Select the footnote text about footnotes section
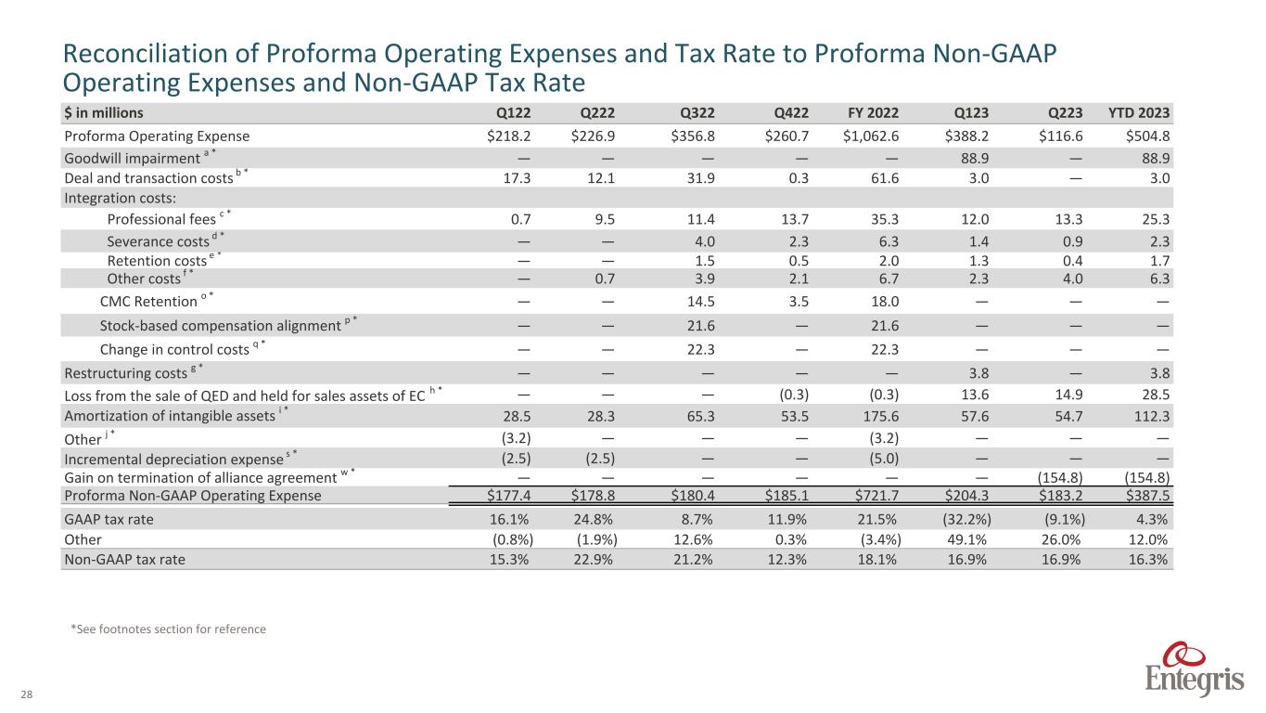pos(168,629)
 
